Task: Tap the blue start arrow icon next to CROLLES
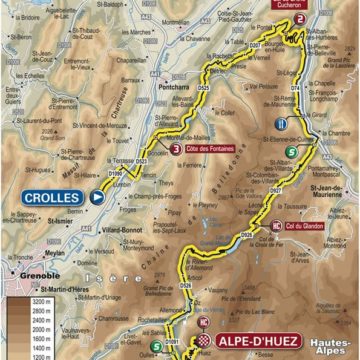[x=97, y=198]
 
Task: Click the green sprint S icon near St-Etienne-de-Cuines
[x=290, y=152]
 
